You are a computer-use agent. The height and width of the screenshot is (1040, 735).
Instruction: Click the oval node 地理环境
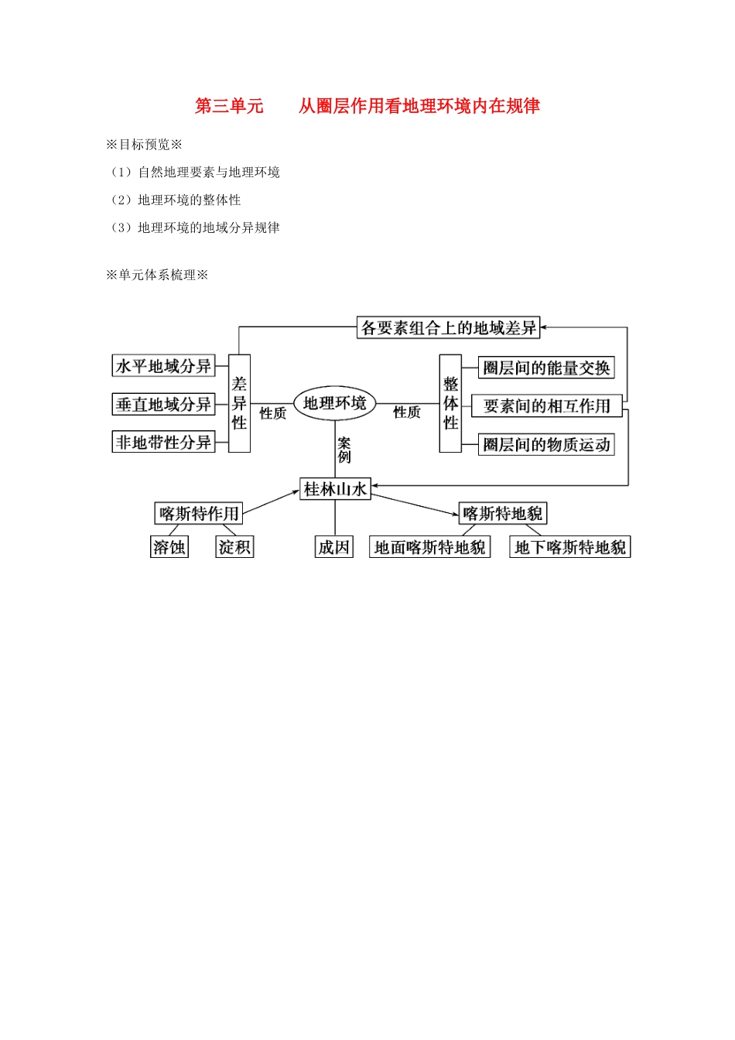334,403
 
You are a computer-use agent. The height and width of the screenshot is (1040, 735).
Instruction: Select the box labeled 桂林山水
335,489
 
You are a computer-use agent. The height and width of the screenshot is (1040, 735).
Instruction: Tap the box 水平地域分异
163,366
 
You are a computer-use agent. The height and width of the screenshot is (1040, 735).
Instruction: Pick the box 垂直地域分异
163,404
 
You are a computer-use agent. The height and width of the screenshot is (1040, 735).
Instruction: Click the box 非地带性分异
163,442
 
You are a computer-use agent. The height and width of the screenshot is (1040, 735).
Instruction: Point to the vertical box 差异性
239,403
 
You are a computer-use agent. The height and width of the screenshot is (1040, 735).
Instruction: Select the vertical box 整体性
450,403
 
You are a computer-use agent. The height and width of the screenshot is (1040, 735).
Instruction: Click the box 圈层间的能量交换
546,368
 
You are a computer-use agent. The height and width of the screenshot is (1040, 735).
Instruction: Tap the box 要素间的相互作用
546,406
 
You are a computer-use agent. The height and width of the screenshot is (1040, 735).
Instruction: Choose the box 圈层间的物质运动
546,444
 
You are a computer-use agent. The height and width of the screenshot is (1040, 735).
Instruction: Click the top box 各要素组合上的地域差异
449,328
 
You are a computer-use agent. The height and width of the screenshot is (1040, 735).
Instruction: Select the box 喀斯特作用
200,513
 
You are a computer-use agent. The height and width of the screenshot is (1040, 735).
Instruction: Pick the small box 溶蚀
169,547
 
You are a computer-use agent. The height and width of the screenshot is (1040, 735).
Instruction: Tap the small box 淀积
234,547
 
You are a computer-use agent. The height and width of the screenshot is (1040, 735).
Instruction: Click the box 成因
334,547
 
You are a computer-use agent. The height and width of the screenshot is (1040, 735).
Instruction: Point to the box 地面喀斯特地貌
429,547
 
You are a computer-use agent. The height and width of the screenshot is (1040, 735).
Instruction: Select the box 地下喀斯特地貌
570,547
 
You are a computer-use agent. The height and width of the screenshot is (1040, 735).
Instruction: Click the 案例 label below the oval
344,450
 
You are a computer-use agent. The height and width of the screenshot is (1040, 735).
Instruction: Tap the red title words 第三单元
229,106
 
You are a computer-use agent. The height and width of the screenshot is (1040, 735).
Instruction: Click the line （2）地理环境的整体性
176,200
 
